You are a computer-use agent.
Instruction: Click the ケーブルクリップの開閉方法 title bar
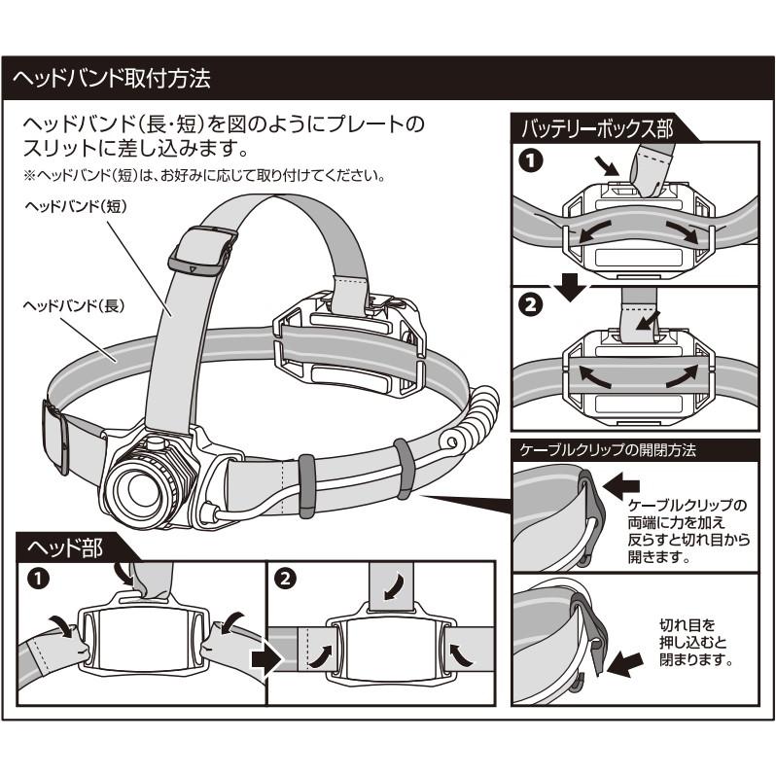tap(609, 450)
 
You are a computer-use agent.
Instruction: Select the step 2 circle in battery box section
tap(529, 305)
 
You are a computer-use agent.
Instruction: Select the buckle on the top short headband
tap(204, 247)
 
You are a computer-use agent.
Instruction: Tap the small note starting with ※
tap(206, 177)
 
